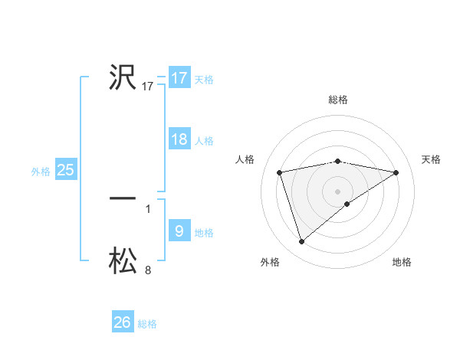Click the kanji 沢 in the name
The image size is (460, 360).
coord(123,78)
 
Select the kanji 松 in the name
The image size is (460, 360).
coord(123,260)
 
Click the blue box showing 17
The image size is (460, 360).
coord(179,78)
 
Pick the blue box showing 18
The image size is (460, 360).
coord(179,139)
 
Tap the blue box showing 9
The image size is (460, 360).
coord(179,231)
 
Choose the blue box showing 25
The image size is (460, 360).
coord(66,170)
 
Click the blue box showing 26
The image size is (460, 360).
coord(123,322)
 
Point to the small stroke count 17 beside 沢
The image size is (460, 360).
coord(148,87)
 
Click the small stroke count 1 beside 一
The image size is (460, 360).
coord(148,208)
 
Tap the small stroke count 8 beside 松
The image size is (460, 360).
coord(148,270)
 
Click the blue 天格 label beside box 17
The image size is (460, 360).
coord(204,80)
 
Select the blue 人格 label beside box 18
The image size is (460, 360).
coord(204,141)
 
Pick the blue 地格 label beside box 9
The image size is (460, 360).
coord(204,232)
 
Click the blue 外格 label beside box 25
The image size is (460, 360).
coord(41,172)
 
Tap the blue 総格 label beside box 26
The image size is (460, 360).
coord(147,324)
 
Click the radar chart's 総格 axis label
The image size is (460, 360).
coord(338,100)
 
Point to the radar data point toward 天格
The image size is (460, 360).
coord(396,172)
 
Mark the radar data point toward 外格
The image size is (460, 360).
coord(302,241)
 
